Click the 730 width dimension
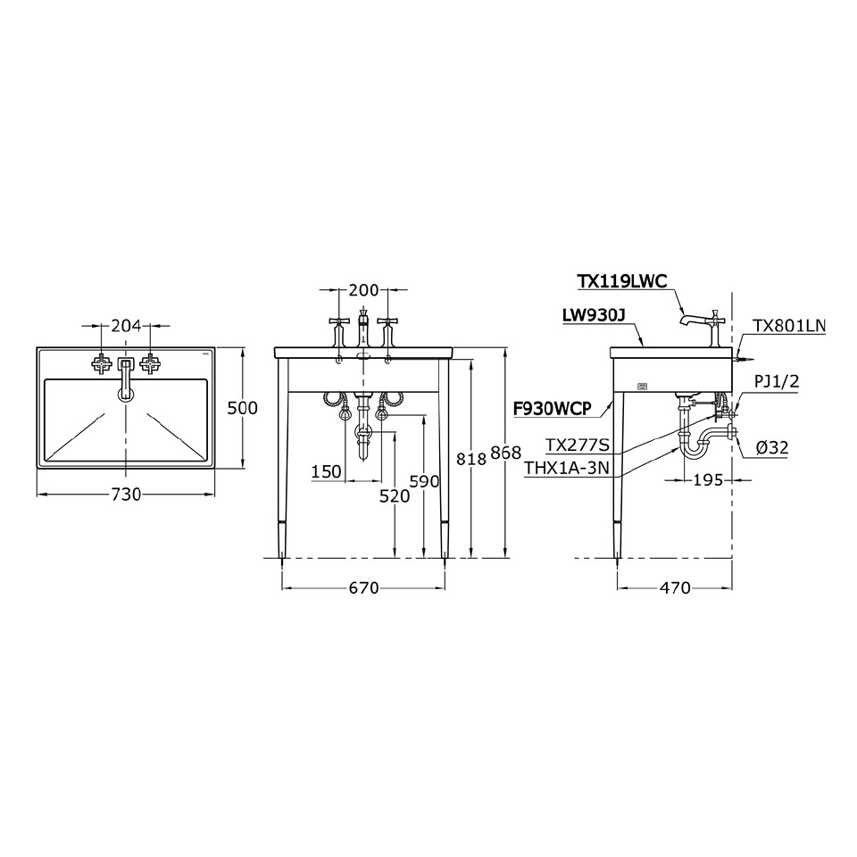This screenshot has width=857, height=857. [x=126, y=495]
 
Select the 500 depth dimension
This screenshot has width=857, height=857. [x=242, y=408]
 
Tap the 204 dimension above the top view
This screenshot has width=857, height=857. [x=126, y=326]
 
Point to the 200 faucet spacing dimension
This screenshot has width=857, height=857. [x=364, y=290]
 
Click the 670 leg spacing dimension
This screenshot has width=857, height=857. [x=364, y=587]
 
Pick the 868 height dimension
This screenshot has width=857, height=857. [x=506, y=453]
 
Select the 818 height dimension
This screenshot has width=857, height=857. [x=470, y=458]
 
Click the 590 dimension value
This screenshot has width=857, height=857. [x=424, y=481]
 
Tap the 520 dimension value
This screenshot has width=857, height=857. [x=394, y=496]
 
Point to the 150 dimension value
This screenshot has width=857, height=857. [x=327, y=471]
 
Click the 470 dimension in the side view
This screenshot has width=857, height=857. [x=676, y=587]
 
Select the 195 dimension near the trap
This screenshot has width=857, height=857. [x=707, y=480]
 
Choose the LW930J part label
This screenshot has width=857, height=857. [x=593, y=315]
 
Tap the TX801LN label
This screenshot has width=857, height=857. [x=789, y=326]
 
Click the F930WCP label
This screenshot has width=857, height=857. [x=553, y=409]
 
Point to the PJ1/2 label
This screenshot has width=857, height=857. [x=776, y=382]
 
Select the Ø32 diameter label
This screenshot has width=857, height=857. [x=771, y=448]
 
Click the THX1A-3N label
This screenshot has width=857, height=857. [x=568, y=468]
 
